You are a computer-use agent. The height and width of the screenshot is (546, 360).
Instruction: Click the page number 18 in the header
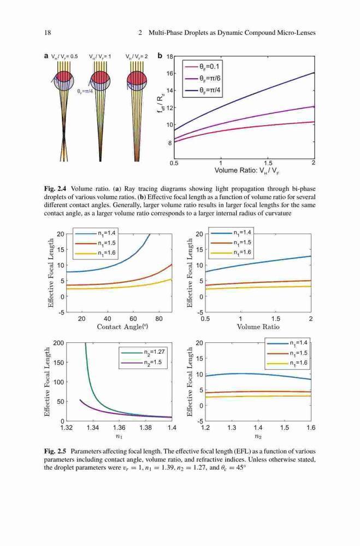(48, 33)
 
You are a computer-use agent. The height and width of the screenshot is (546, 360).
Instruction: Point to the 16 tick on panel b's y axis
(170, 74)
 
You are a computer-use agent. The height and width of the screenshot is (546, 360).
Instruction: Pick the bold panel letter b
(160, 55)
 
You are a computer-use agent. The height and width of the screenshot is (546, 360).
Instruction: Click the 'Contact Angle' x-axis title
(119, 327)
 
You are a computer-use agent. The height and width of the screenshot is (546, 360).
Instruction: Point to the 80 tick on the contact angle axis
(159, 319)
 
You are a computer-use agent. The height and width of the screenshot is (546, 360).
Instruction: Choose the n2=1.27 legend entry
(143, 352)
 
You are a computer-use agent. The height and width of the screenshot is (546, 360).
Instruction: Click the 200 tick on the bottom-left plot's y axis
(58, 343)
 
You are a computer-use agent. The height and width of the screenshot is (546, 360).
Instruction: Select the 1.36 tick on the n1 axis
(119, 428)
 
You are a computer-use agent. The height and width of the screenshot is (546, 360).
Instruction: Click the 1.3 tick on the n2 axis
(232, 428)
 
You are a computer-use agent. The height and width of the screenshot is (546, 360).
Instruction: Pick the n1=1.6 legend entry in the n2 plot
(287, 363)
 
